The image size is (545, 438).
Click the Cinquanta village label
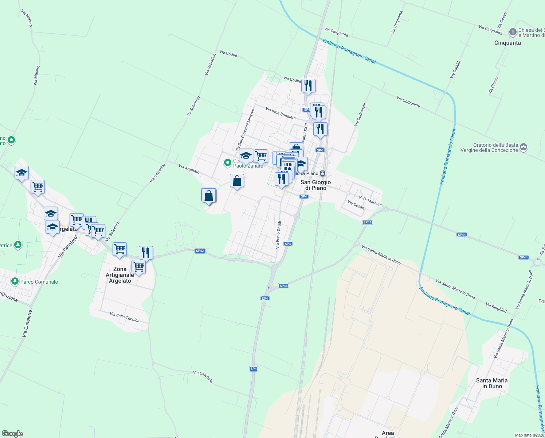pyautogui.click(x=507, y=43)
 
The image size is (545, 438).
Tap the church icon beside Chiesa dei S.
pyautogui.click(x=513, y=32)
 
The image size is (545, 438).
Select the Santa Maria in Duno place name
pyautogui.click(x=491, y=383)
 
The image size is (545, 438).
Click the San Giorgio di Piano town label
pyautogui.click(x=315, y=185)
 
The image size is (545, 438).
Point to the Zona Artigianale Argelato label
pyautogui.click(x=120, y=275)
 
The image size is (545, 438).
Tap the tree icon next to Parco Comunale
pyautogui.click(x=15, y=281)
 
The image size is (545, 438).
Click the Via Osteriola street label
pyautogui.click(x=203, y=377)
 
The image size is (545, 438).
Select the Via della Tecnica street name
pyautogui.click(x=125, y=317)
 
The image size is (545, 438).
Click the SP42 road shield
pyautogui.click(x=200, y=251)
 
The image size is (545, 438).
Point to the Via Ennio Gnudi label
pyautogui.click(x=278, y=235)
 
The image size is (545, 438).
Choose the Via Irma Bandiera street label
pyautogui.click(x=281, y=113)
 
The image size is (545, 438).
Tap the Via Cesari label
pyautogui.click(x=356, y=205)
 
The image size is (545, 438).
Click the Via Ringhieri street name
pyautogui.click(x=496, y=308)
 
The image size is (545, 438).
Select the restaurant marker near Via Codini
pyautogui.click(x=308, y=86)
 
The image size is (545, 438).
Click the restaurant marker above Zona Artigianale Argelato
pyautogui.click(x=146, y=252)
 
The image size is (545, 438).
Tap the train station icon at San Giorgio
pyautogui.click(x=323, y=173)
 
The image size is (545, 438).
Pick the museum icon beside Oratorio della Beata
pyautogui.click(x=524, y=147)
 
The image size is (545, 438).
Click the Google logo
pyautogui.click(x=12, y=434)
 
